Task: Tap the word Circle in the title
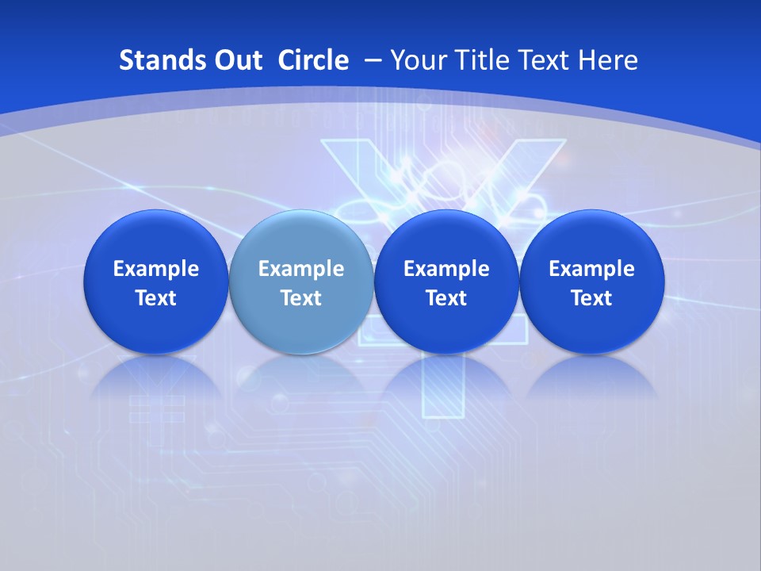313,60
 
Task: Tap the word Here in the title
608,60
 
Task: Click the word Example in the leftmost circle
155,269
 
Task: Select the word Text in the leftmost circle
155,298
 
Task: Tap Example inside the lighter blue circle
301,269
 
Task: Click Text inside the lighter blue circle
301,298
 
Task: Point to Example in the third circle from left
446,269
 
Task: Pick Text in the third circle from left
446,298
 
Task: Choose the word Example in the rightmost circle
591,269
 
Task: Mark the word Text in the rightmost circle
591,298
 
